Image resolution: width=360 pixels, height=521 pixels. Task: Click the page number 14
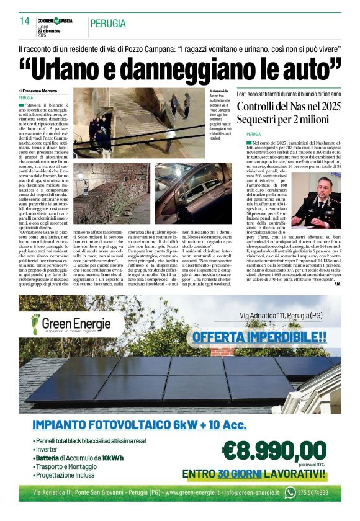[24, 21]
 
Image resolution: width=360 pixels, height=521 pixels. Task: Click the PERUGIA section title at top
[107, 24]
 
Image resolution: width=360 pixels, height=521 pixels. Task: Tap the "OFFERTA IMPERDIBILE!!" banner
[259, 337]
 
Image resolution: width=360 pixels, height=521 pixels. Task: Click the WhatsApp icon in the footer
[290, 492]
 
